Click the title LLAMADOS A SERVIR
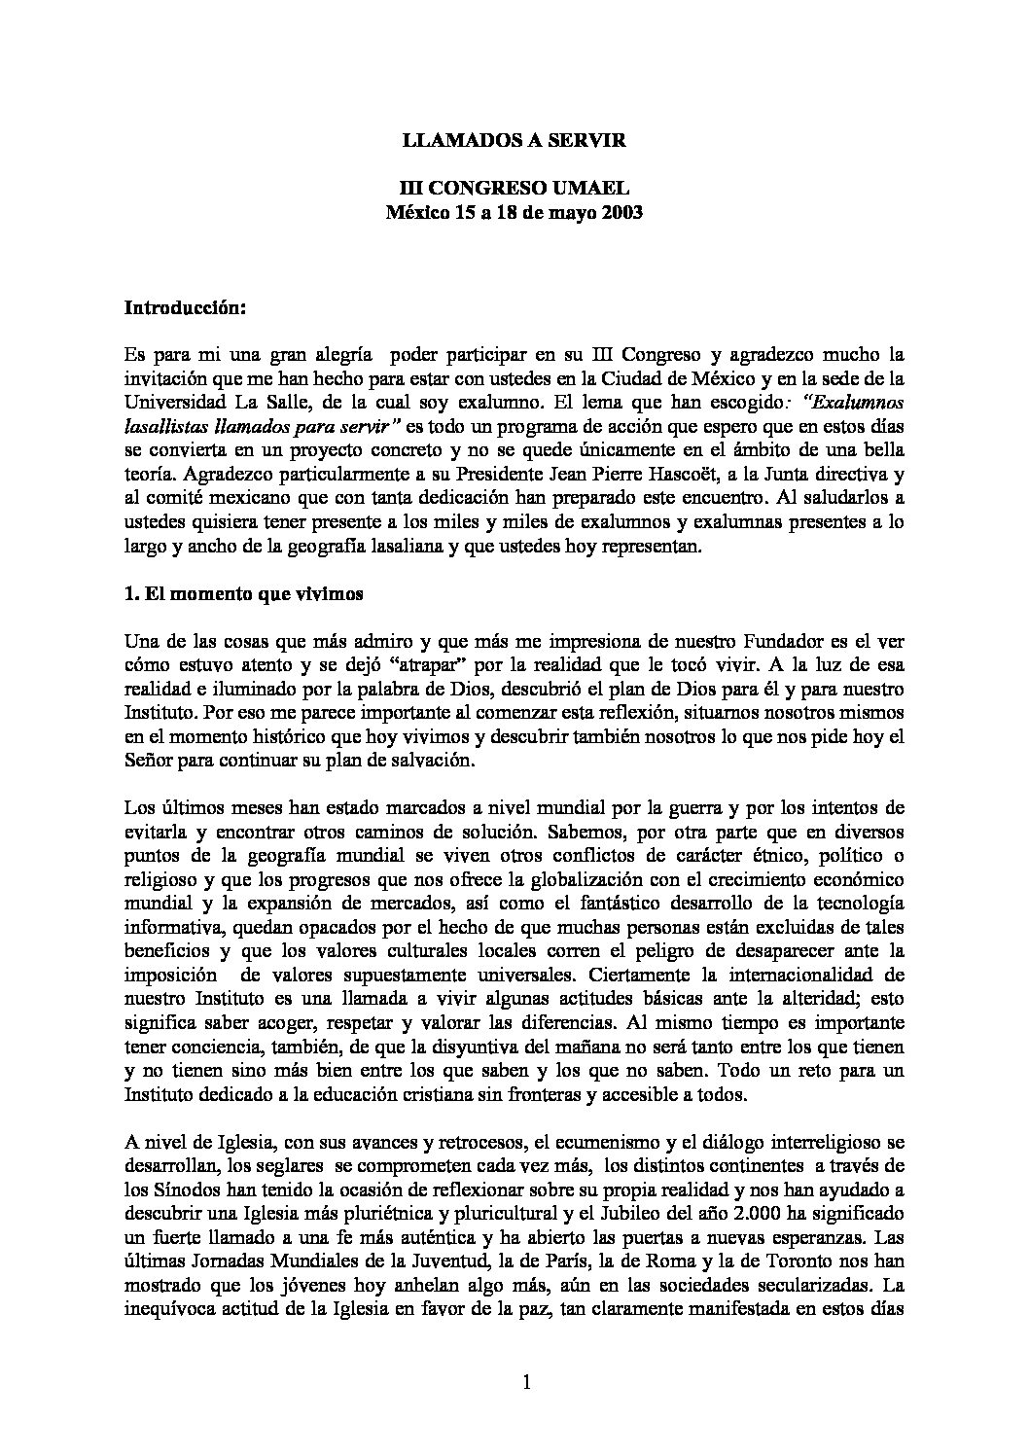[x=514, y=141]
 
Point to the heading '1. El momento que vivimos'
[x=244, y=595]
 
